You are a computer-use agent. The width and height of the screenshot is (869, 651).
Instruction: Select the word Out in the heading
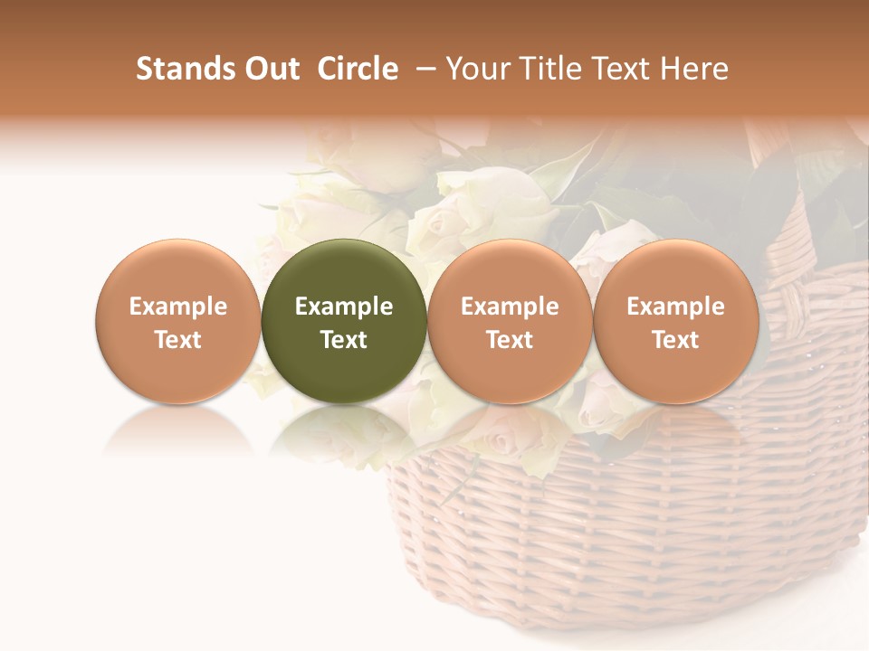tap(271, 69)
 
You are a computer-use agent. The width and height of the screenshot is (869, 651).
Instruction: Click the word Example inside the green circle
tap(343, 307)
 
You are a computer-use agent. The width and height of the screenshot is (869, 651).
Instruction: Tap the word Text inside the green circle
tap(343, 340)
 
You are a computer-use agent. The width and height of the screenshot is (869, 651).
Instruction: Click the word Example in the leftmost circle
tap(177, 307)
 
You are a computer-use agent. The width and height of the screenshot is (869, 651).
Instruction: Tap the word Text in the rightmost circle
tap(675, 340)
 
